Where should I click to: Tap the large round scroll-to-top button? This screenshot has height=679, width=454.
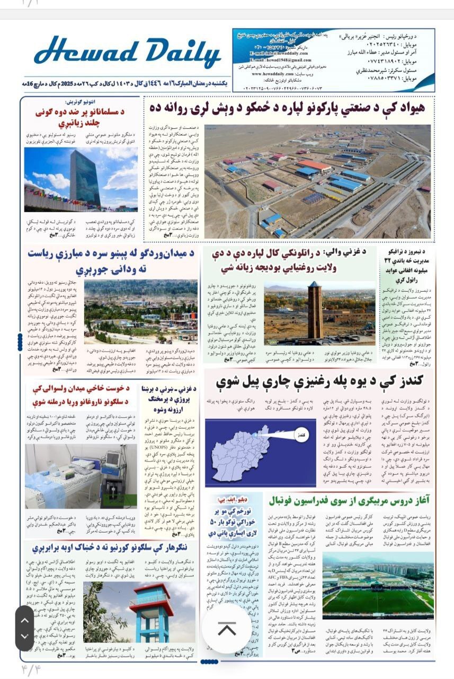pyautogui.click(x=227, y=629)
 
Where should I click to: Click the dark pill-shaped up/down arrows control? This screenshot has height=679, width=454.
pyautogui.click(x=24, y=628)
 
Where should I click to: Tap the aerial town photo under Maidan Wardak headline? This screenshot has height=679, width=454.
pyautogui.click(x=140, y=312)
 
